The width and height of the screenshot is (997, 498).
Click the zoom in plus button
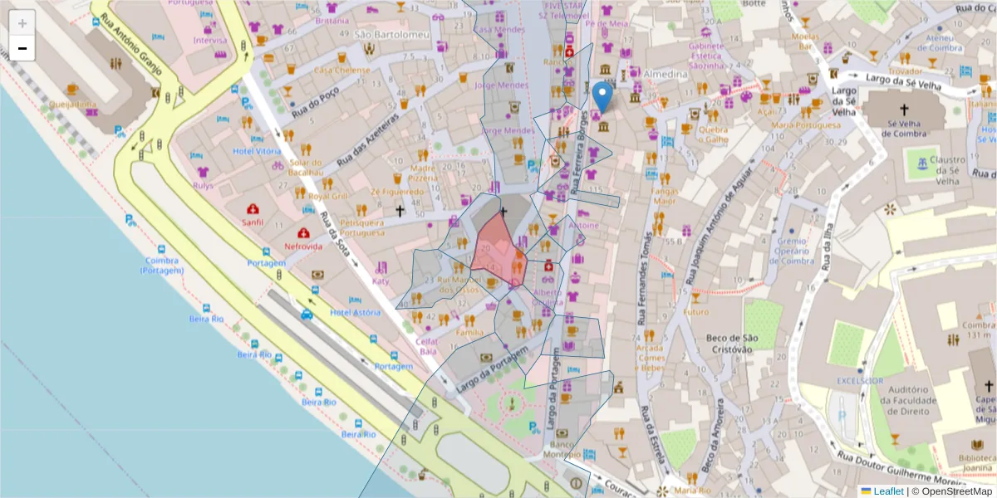point(22,23)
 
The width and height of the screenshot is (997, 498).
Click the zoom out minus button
point(22,48)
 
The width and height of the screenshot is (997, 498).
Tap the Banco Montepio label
point(562,448)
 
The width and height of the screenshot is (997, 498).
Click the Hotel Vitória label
point(257,151)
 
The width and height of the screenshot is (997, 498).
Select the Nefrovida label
point(303,247)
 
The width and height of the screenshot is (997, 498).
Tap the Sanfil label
point(252,222)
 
